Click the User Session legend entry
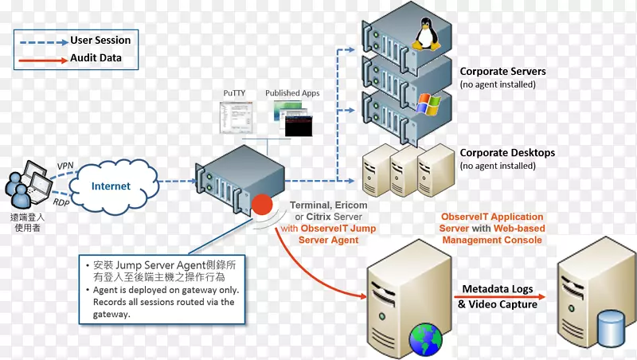100,40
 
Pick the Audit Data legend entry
95,58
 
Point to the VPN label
65,166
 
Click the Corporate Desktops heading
507,152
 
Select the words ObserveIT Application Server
492,222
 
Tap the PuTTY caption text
234,93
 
